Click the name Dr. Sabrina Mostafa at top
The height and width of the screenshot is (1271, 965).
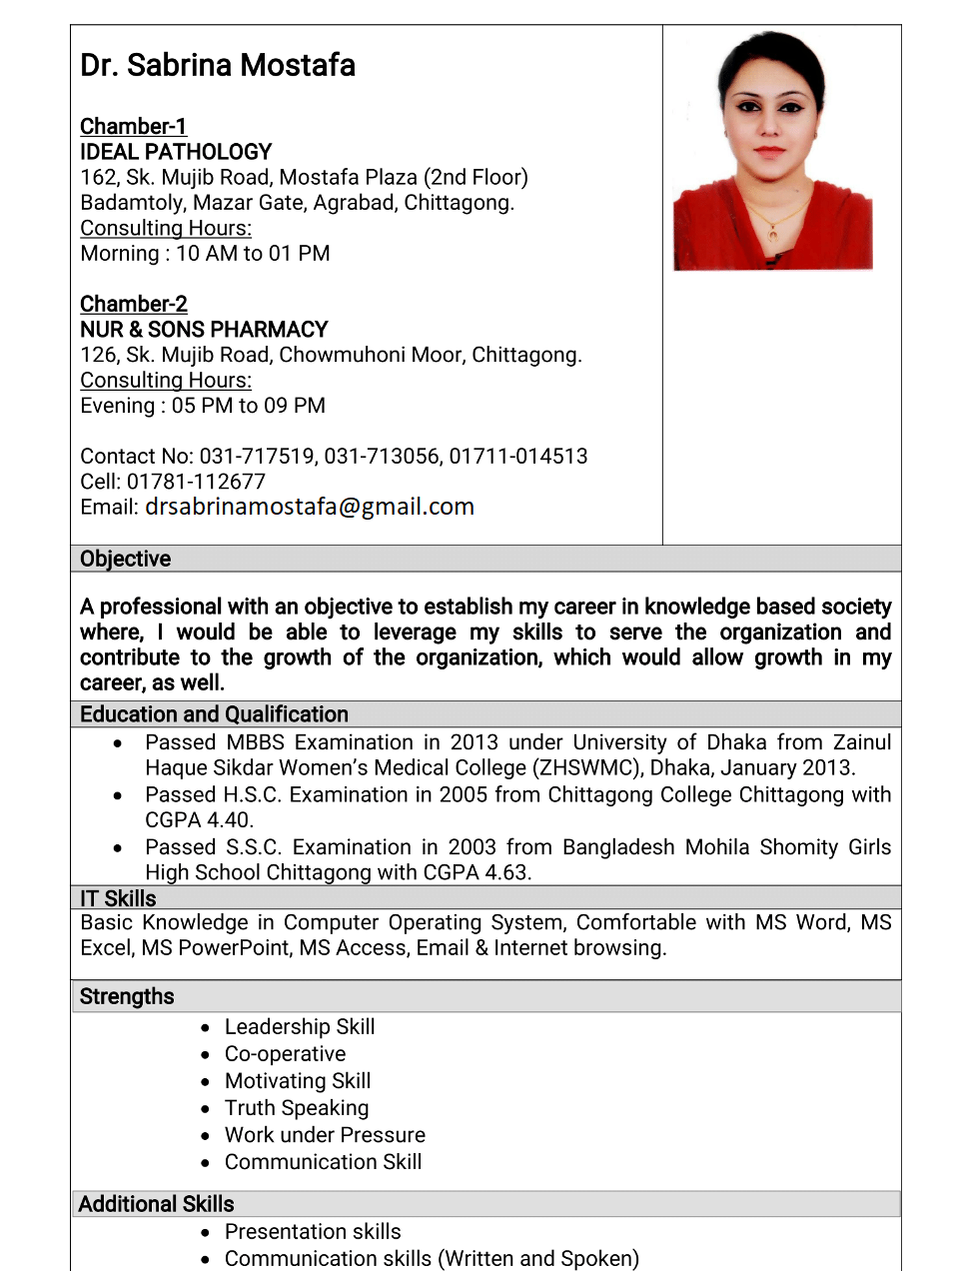pyautogui.click(x=218, y=66)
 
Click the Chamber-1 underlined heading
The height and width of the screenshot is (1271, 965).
pyautogui.click(x=133, y=127)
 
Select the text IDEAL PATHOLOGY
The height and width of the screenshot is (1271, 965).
pyautogui.click(x=176, y=152)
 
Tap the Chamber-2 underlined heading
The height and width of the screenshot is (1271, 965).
pyautogui.click(x=133, y=304)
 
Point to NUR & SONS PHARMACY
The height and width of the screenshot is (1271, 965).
pyautogui.click(x=204, y=330)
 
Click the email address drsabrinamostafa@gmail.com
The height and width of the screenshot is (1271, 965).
pyautogui.click(x=310, y=507)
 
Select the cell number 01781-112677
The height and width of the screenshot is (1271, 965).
pyautogui.click(x=196, y=482)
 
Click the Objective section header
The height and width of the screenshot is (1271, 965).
pyautogui.click(x=126, y=559)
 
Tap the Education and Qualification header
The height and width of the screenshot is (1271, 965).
pyautogui.click(x=214, y=714)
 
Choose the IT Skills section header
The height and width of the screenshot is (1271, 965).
pyautogui.click(x=118, y=898)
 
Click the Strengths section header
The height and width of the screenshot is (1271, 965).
pyautogui.click(x=127, y=996)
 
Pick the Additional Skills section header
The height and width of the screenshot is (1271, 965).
pyautogui.click(x=156, y=1204)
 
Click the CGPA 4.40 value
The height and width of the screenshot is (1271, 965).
pyautogui.click(x=200, y=820)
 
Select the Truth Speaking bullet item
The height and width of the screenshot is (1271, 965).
pyautogui.click(x=297, y=1108)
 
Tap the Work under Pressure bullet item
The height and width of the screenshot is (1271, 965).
pyautogui.click(x=325, y=1135)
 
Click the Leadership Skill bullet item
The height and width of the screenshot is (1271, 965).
pyautogui.click(x=300, y=1027)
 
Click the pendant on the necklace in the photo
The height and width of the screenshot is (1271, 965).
pyautogui.click(x=772, y=235)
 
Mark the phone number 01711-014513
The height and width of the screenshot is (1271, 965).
pyautogui.click(x=518, y=457)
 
